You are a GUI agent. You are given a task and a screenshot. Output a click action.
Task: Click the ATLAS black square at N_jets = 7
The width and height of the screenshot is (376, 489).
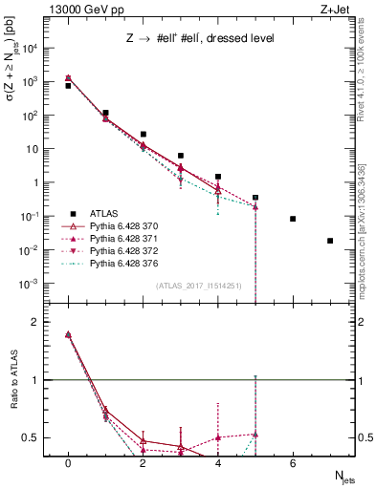[x=330, y=241]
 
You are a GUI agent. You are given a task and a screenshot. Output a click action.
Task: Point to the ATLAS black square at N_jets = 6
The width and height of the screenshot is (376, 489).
[x=293, y=219]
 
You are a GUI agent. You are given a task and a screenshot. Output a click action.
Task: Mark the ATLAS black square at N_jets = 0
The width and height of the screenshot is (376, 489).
[x=68, y=86]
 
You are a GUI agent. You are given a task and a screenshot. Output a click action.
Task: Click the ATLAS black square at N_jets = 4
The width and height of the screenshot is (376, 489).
[x=218, y=177]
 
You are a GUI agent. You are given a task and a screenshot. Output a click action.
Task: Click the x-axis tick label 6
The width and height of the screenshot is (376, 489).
[x=293, y=463]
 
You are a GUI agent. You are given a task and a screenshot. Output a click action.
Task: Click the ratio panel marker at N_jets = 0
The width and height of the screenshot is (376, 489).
[x=68, y=334]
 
